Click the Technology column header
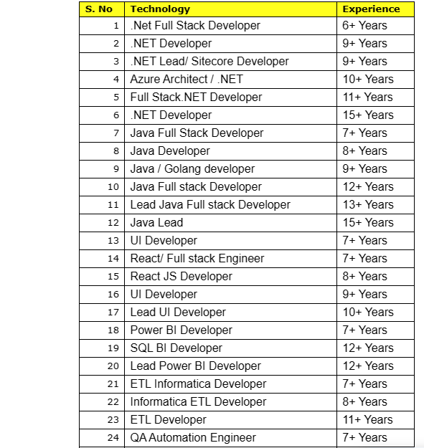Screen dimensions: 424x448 (160, 9)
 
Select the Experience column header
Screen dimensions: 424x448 (371, 9)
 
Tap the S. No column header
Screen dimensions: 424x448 (98, 9)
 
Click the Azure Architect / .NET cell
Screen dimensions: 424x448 (187, 79)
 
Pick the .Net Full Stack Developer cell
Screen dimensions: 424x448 (195, 25)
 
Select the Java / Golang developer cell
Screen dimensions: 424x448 (192, 168)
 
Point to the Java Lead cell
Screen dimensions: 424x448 (156, 222)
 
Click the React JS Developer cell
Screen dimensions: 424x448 (182, 276)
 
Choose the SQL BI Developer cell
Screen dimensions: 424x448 (176, 348)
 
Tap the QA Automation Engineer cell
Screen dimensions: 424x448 (193, 437)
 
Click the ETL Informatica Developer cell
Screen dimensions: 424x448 (198, 383)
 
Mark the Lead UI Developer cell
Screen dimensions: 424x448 (178, 312)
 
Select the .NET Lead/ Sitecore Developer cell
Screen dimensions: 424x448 (209, 61)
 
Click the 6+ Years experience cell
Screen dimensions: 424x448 (364, 25)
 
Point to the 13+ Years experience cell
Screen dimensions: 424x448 (368, 204)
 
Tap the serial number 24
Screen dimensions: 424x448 (113, 437)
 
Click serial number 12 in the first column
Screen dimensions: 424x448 (113, 222)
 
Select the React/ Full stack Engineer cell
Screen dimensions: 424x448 (197, 258)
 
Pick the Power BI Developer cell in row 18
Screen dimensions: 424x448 (182, 330)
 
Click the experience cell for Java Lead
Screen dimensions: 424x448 (368, 222)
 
